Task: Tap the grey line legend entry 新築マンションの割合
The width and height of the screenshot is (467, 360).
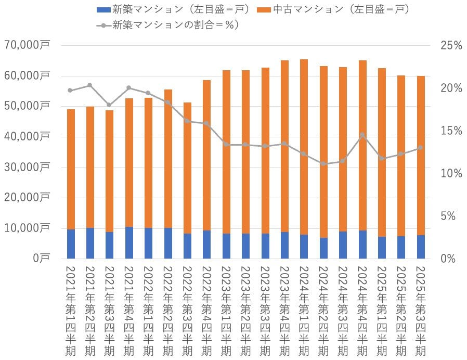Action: (103, 24)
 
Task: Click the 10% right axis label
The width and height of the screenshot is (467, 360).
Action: (450, 173)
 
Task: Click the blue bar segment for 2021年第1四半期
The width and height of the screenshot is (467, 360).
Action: (71, 244)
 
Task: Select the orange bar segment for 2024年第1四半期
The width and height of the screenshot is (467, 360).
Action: (304, 146)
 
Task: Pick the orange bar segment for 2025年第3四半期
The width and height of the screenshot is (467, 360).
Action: (421, 156)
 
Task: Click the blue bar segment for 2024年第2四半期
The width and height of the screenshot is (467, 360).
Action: (323, 248)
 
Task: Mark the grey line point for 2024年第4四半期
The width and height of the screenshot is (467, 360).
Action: (362, 135)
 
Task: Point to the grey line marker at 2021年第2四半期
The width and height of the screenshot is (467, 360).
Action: (90, 85)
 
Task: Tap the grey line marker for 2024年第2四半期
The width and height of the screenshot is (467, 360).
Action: (323, 164)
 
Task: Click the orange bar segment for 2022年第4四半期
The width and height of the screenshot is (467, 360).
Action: (207, 156)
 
